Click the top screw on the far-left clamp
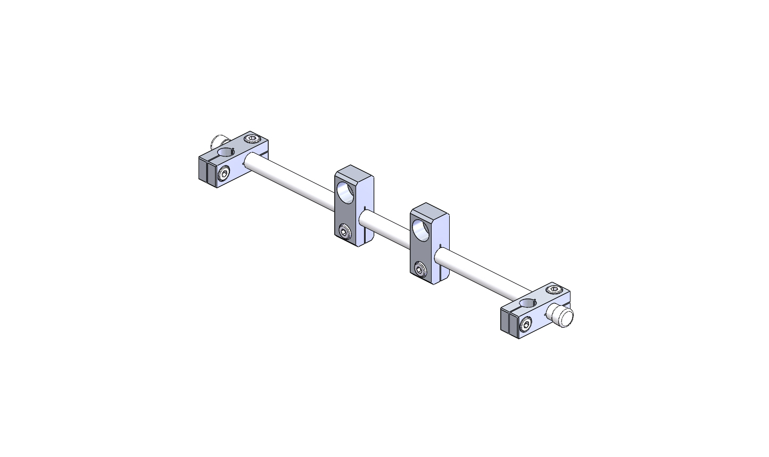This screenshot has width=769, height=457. pyautogui.click(x=252, y=139)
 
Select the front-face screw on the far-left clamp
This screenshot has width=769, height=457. pyautogui.click(x=224, y=174)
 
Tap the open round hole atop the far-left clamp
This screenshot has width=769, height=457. pyautogui.click(x=226, y=152)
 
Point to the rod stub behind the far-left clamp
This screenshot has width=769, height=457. pyautogui.click(x=216, y=142)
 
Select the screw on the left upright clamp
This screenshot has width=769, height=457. pyautogui.click(x=344, y=231)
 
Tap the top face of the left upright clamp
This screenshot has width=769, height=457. pyautogui.click(x=354, y=173)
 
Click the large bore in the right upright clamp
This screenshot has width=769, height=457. pyautogui.click(x=420, y=230)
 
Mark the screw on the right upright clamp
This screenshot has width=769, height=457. pyautogui.click(x=420, y=269)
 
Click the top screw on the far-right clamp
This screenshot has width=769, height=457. pyautogui.click(x=554, y=290)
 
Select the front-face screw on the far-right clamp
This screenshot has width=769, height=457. pyautogui.click(x=526, y=325)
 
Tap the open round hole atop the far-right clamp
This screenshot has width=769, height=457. pyautogui.click(x=528, y=303)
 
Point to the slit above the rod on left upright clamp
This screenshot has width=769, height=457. pyautogui.click(x=365, y=208)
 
